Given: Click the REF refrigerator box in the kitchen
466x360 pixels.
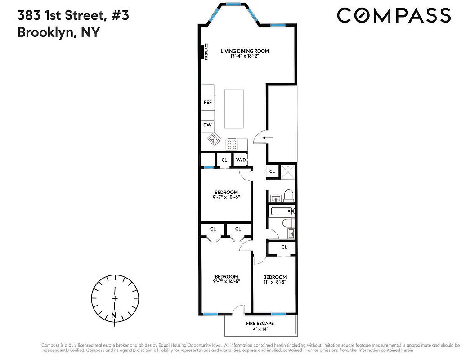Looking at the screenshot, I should tap(207, 102).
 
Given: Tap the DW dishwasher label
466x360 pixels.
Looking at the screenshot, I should tap(207, 125).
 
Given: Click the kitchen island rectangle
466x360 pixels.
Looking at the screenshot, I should tap(234, 109).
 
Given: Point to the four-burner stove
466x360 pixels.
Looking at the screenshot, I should tap(232, 144).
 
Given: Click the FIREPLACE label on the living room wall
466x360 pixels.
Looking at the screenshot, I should tap(206, 52).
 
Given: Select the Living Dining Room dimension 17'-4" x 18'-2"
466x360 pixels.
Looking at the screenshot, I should tap(244, 57).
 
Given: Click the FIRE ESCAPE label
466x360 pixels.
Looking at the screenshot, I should tap(260, 323).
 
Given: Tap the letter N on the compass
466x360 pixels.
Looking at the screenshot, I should tap(113, 315).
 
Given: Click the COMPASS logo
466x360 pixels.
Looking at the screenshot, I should tap(394, 15).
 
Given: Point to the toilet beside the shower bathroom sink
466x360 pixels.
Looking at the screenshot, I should tap(288, 195).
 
